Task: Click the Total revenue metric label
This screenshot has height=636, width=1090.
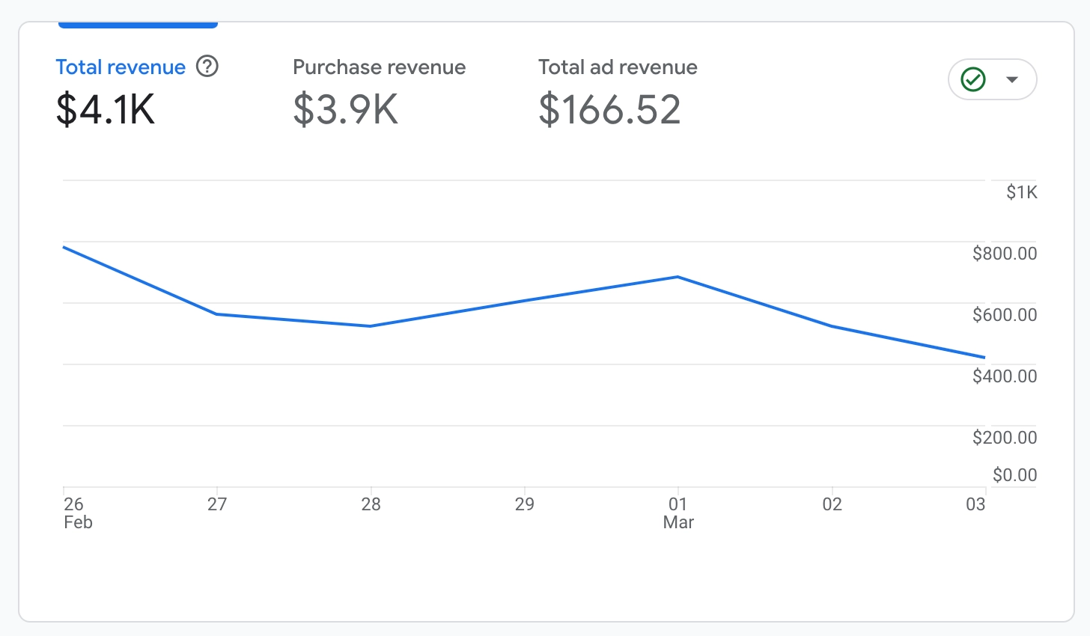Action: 121,67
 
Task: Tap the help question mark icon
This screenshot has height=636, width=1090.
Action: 207,67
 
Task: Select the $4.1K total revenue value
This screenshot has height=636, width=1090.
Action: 106,109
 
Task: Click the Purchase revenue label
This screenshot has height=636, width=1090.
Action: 379,67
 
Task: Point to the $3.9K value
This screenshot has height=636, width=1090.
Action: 345,109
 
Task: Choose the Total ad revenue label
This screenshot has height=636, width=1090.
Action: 618,67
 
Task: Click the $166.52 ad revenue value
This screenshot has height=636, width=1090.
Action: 609,109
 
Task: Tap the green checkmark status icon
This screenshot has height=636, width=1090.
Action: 973,79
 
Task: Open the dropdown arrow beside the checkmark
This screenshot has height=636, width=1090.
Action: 1012,79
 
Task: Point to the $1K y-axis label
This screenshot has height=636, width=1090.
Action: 1021,192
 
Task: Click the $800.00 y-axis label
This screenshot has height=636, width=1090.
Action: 1005,254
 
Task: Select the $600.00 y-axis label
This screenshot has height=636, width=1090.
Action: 1005,315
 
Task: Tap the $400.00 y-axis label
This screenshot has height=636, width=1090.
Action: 1005,376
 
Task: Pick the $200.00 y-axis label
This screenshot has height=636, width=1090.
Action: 1005,438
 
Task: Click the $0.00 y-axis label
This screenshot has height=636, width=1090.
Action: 1014,475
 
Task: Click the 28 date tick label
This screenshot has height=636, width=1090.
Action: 371,504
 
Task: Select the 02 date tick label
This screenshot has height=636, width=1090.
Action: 832,504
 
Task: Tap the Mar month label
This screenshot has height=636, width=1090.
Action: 678,522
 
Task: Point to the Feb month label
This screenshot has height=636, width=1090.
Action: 78,522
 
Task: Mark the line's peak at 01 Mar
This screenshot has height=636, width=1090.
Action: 678,277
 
